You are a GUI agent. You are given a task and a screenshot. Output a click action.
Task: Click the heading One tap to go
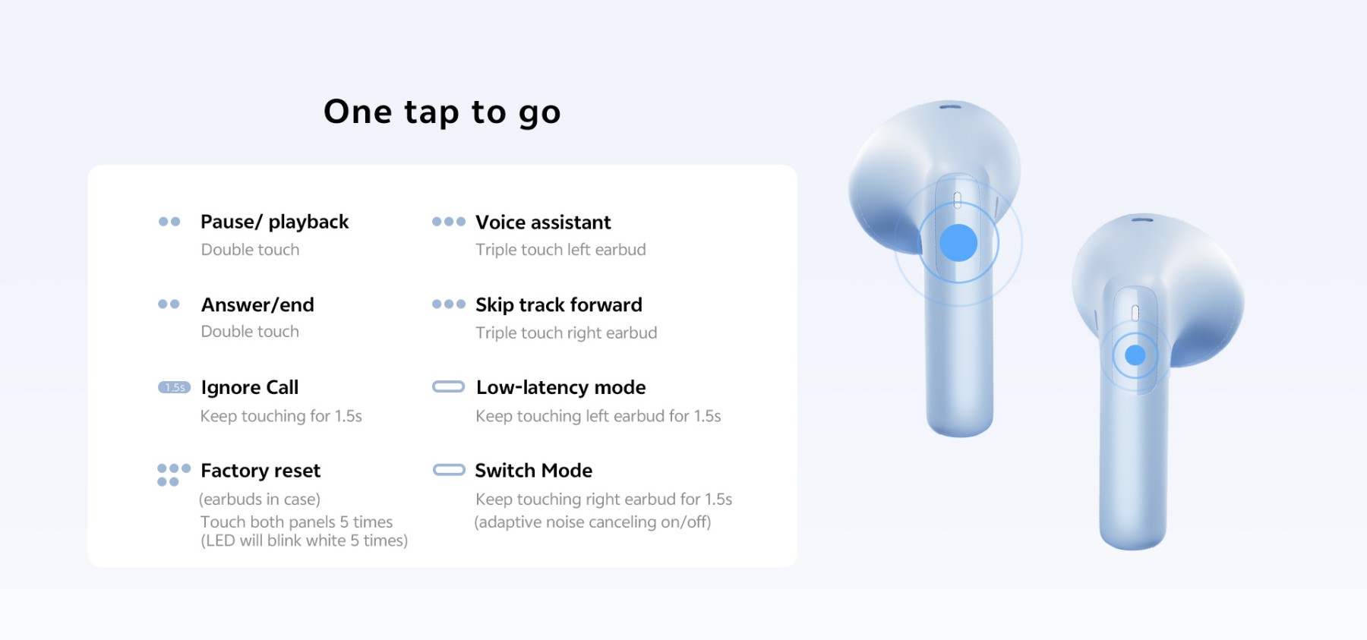coord(442,112)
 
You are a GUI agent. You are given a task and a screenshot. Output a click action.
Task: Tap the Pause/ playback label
coord(274,222)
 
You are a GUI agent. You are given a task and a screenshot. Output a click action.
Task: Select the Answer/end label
coord(257,304)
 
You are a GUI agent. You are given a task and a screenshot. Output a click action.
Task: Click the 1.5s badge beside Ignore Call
coord(174,387)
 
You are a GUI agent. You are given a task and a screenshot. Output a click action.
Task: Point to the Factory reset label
coord(260,471)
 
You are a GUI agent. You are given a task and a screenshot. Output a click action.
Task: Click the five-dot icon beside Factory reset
coord(174,475)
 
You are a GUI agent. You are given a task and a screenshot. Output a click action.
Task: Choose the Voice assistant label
coord(543,222)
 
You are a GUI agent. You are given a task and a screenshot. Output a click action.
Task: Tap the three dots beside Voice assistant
coord(449,222)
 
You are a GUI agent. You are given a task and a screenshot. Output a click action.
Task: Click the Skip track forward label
coord(559,304)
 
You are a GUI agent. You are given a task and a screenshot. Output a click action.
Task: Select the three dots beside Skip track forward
coord(449,304)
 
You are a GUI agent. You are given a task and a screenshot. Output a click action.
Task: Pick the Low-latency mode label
coord(561,387)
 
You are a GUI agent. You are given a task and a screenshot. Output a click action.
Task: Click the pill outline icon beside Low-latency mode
coord(448,387)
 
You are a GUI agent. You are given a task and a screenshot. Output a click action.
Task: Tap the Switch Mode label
coord(534,471)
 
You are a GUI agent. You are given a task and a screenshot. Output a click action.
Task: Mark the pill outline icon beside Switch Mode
coord(449,470)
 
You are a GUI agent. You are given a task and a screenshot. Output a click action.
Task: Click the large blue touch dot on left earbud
coord(958,243)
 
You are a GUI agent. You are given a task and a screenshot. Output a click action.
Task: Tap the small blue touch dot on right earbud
coord(1135,355)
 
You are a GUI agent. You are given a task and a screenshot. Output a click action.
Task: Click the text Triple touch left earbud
coord(560,250)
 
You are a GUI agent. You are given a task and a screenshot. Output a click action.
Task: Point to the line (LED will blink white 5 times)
coord(304,541)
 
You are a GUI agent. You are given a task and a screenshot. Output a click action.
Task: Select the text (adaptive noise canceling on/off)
coord(592,522)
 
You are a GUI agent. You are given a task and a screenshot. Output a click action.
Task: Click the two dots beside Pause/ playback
coord(169,222)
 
